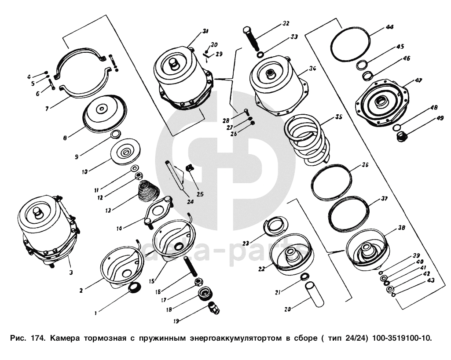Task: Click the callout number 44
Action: tap(390, 27)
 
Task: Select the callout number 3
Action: tap(71, 273)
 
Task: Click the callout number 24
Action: tap(190, 202)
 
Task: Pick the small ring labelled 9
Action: tap(115, 134)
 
